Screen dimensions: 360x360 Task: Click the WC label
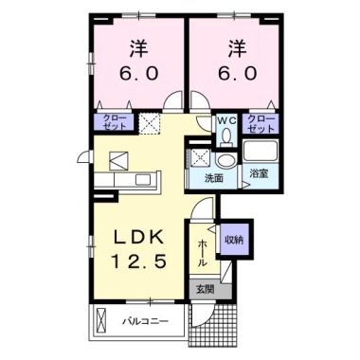(228, 120)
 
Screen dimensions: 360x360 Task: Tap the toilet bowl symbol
(228, 136)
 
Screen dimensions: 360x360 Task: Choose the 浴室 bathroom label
(257, 175)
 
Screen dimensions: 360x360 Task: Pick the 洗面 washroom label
(214, 177)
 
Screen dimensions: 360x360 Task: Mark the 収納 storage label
(233, 239)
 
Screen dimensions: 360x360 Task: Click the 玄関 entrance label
(205, 289)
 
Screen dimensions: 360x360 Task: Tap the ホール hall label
(203, 250)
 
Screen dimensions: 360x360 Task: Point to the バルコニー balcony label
(146, 322)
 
